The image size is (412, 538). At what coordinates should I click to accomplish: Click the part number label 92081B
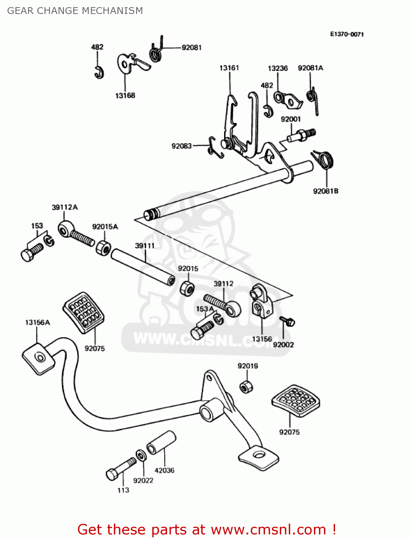325,191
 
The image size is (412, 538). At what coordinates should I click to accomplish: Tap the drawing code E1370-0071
347,34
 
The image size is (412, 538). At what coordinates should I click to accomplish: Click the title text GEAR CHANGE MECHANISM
75,11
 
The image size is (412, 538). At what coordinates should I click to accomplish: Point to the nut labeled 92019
246,387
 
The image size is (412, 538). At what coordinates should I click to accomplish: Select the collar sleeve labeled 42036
161,443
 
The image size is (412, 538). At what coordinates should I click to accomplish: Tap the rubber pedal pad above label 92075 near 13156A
84,312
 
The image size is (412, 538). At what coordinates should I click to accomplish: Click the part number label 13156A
37,322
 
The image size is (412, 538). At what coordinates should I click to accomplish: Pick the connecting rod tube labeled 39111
143,267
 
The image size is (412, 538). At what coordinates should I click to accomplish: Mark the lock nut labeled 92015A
103,247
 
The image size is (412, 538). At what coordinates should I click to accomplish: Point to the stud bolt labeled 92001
301,135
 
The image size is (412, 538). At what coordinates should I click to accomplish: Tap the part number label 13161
229,68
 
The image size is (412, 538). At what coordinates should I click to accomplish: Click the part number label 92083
181,146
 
